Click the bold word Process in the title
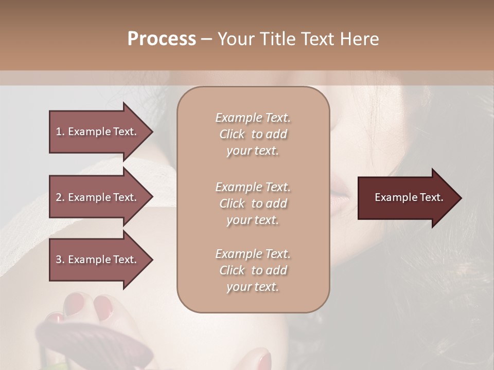[162, 39]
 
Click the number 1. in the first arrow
[60, 132]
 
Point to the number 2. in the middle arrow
[60, 197]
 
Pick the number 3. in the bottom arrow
[60, 260]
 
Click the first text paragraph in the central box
[253, 134]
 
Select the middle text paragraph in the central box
[253, 203]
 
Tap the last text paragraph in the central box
[253, 270]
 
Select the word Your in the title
[235, 39]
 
